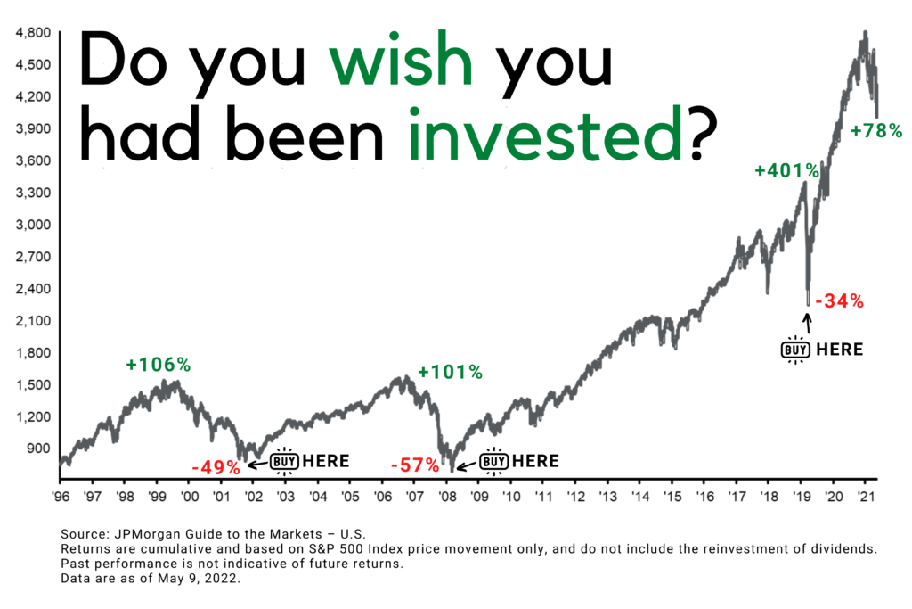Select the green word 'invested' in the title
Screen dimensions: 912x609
(545, 133)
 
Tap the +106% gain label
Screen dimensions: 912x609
(159, 365)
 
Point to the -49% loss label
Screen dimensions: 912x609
(216, 467)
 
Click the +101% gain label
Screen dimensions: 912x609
(450, 372)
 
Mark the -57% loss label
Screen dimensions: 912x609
(415, 465)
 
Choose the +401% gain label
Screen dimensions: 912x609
(787, 170)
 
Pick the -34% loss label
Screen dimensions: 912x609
(839, 301)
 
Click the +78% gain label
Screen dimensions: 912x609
(876, 130)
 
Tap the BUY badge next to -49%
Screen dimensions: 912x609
(284, 462)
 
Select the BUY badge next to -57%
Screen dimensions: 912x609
(493, 462)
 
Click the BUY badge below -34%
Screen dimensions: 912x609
(795, 350)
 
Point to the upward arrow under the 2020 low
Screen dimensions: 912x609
(807, 324)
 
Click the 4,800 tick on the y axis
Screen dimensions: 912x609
(33, 33)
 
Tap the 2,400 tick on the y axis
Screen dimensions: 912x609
(33, 289)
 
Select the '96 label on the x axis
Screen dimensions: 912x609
(61, 496)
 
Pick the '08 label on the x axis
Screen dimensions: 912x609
(447, 496)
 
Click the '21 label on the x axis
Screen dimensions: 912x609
(866, 496)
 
